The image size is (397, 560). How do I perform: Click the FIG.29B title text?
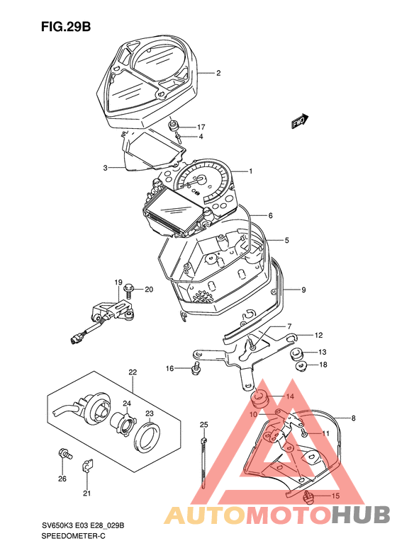[66, 27]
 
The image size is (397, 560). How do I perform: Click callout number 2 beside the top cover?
[218, 73]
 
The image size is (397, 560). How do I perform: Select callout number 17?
[201, 127]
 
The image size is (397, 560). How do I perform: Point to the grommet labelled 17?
[174, 126]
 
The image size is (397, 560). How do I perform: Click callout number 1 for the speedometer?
[251, 171]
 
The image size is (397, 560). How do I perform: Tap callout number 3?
[105, 168]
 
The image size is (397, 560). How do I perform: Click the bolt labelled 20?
[128, 290]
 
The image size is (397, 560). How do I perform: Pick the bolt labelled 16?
[196, 368]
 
